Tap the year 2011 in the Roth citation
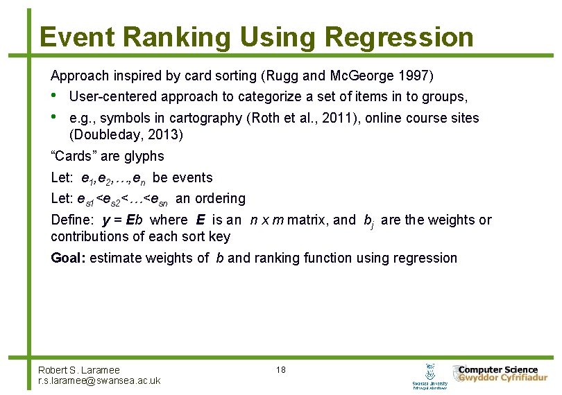tap(338, 118)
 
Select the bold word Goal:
tap(69, 258)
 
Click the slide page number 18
tap(280, 370)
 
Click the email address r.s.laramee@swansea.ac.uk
tap(99, 380)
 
